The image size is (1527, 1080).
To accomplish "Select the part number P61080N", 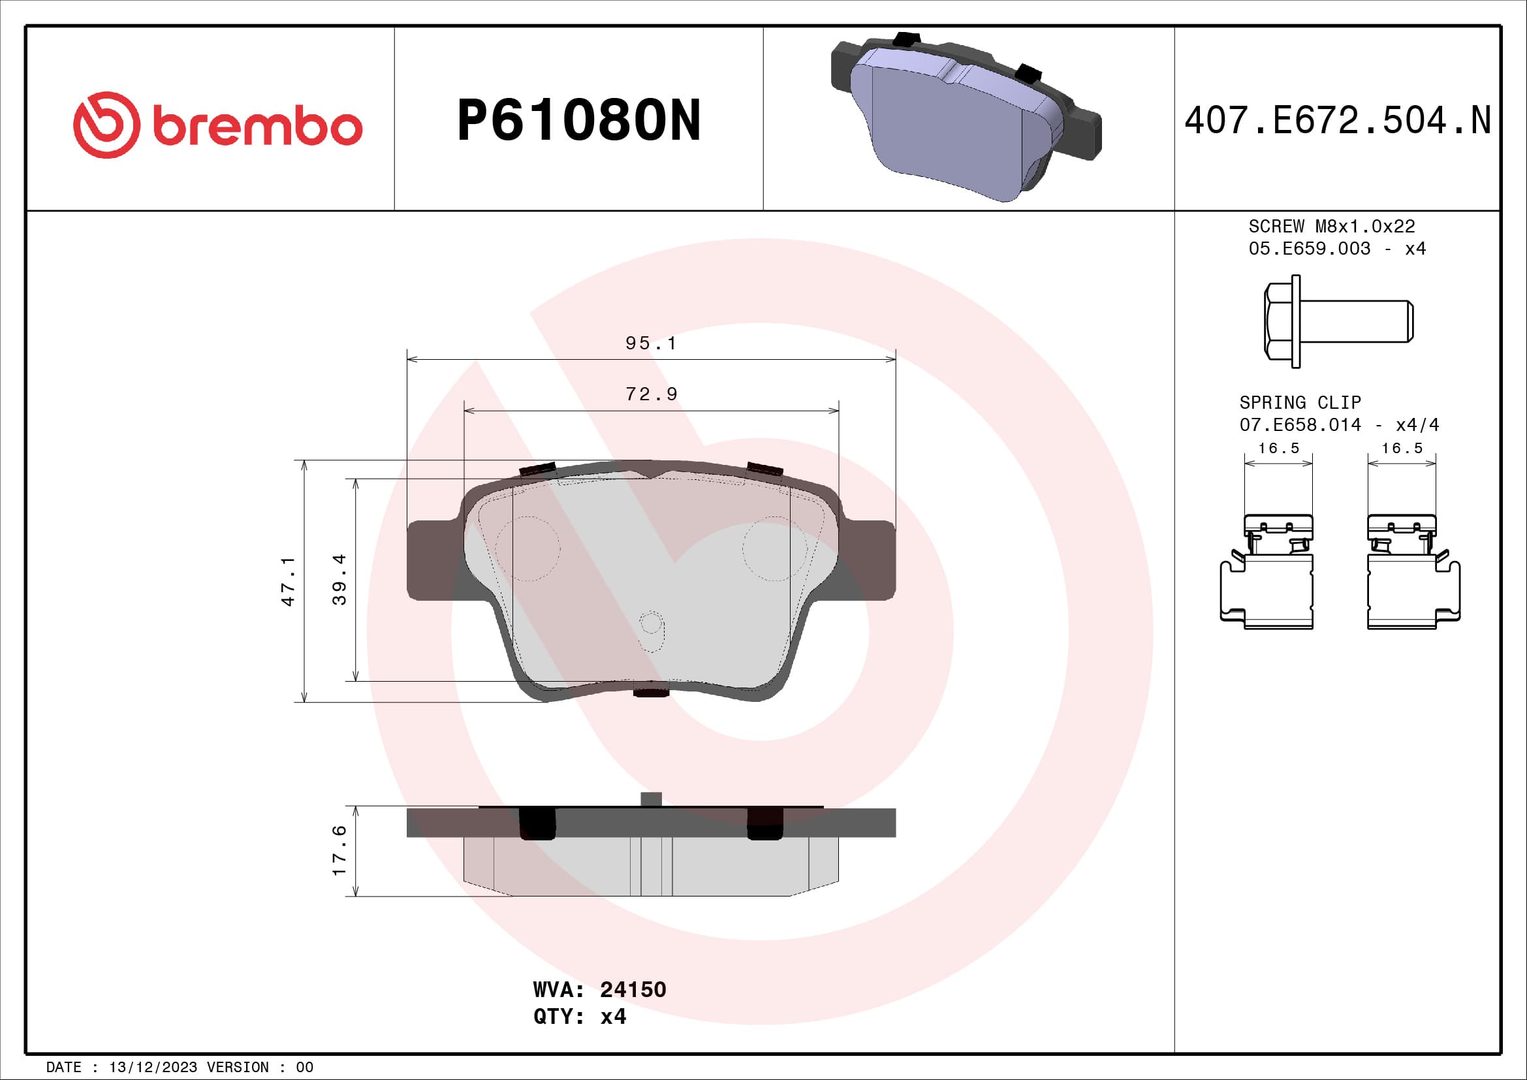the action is pyautogui.click(x=578, y=120).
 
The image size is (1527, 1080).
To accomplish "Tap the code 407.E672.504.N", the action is pyautogui.click(x=1338, y=120).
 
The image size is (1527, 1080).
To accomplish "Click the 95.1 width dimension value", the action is pyautogui.click(x=650, y=343).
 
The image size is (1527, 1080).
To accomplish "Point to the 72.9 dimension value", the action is pyautogui.click(x=651, y=394).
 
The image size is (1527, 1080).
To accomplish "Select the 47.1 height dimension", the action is pyautogui.click(x=288, y=581).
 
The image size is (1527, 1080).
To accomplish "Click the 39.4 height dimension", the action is pyautogui.click(x=339, y=579).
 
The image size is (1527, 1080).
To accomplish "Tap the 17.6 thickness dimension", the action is pyautogui.click(x=339, y=851).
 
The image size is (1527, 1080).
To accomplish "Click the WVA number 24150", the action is pyautogui.click(x=633, y=989).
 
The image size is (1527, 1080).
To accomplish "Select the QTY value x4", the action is pyautogui.click(x=612, y=1017).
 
